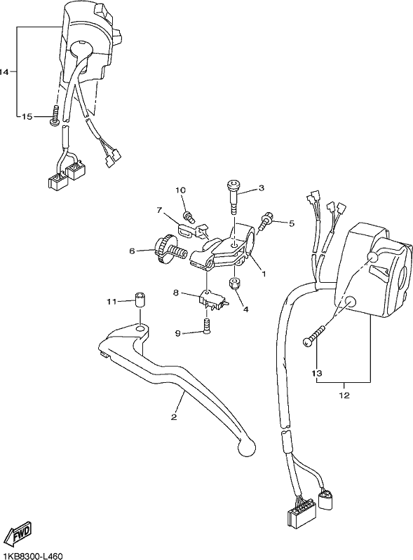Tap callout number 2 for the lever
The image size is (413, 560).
click(x=174, y=416)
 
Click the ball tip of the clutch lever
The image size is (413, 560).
click(x=248, y=447)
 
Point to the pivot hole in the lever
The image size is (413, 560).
click(x=141, y=328)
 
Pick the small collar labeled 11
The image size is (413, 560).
click(x=140, y=299)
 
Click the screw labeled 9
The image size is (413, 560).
click(x=206, y=325)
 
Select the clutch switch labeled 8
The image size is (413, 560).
click(x=213, y=300)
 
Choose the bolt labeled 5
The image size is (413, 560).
click(x=267, y=221)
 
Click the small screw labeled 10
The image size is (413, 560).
click(x=189, y=216)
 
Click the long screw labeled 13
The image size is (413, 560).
click(x=314, y=335)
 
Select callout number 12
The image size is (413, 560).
click(x=344, y=395)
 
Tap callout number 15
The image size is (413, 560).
click(x=27, y=117)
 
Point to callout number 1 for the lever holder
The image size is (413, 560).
click(x=264, y=274)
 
